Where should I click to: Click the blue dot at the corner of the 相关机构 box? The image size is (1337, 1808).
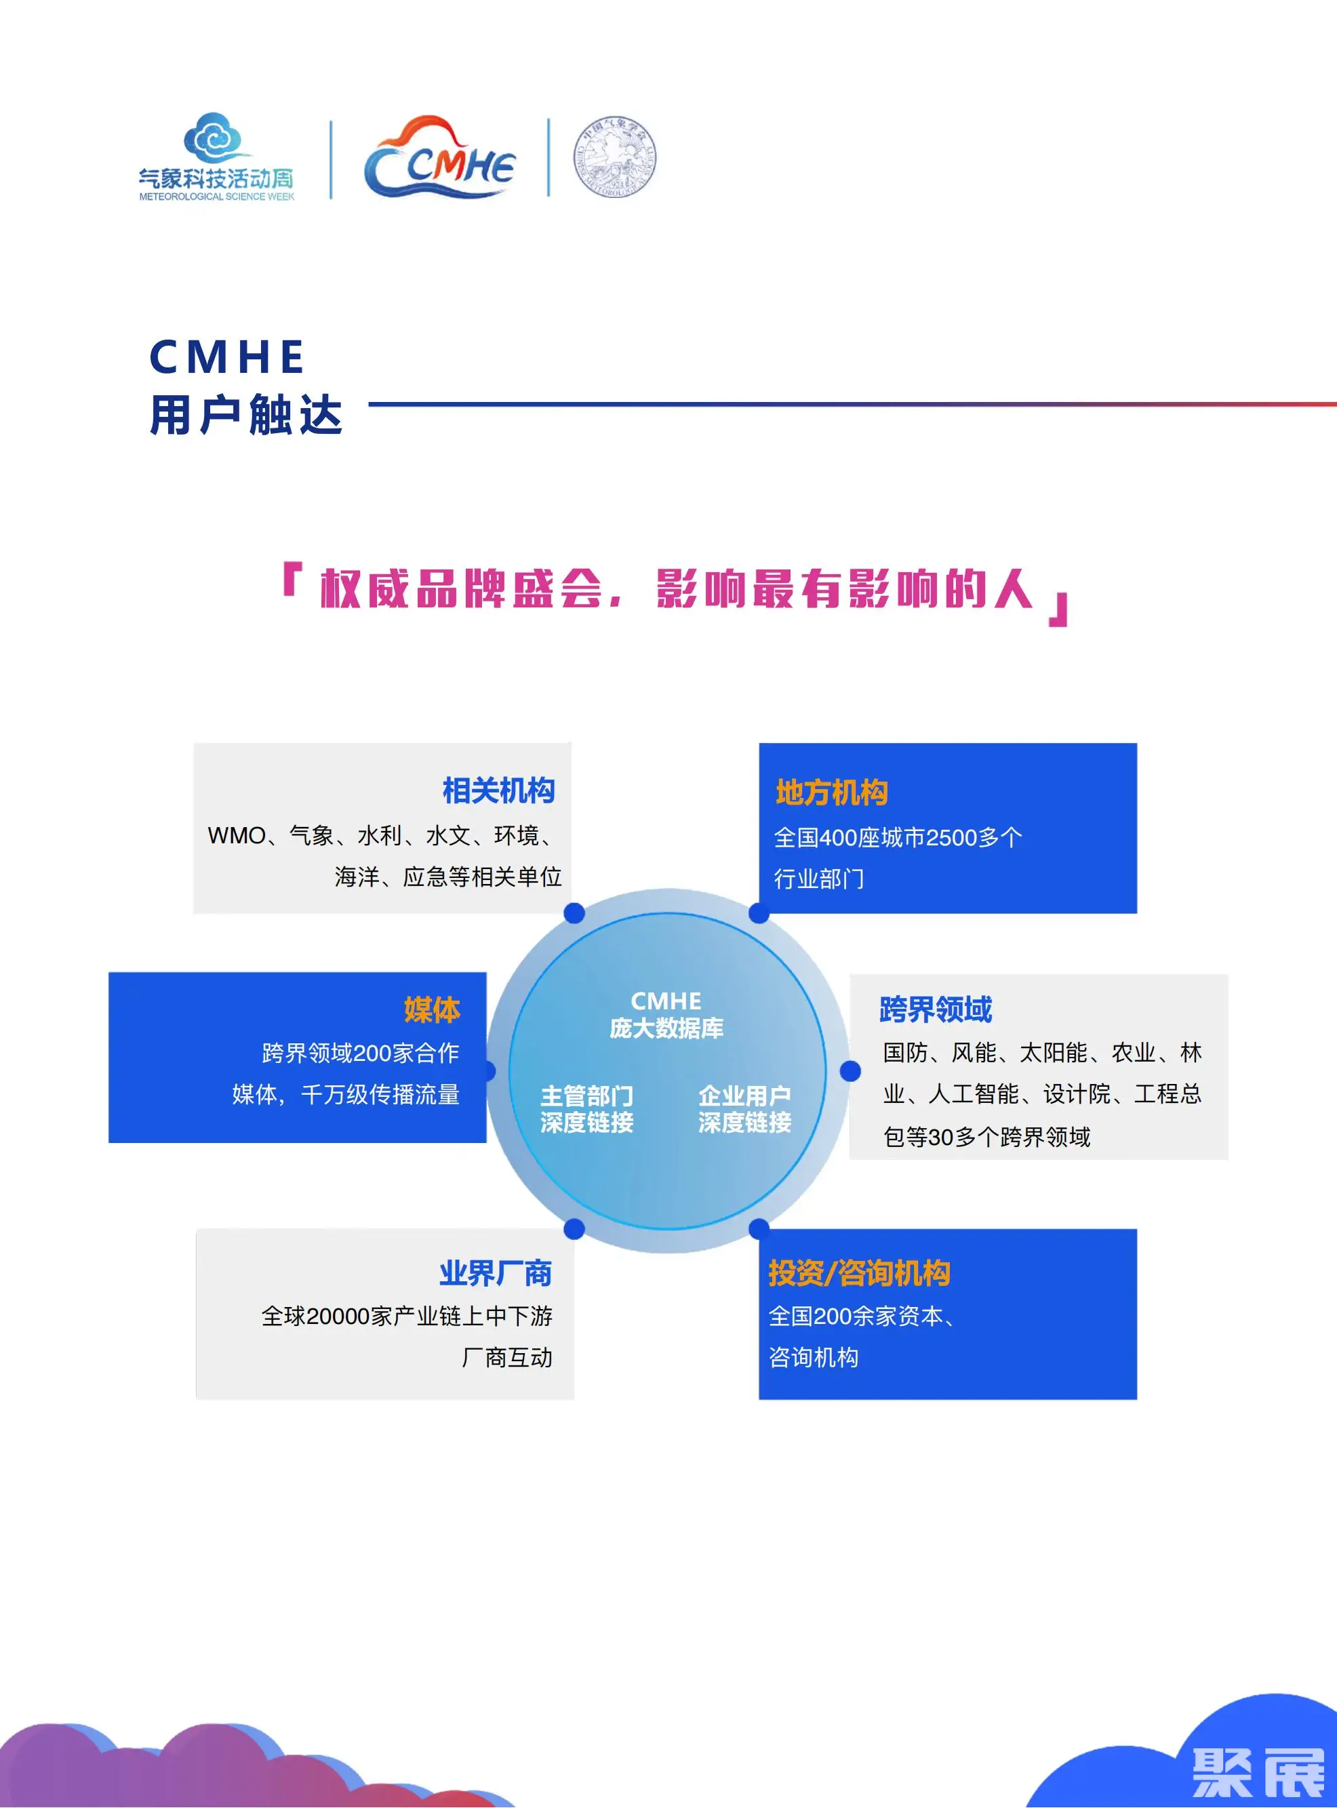coord(574,913)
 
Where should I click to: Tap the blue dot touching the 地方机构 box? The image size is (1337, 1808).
coord(759,913)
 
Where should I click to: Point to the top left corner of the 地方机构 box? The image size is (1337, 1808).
coord(759,744)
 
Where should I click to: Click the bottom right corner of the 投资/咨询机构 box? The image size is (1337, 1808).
coord(1137,1399)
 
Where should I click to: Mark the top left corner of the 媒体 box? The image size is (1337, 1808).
coord(109,973)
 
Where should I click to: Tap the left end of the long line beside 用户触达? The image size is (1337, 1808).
coord(369,404)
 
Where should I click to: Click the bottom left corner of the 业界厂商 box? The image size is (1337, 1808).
coord(197,1399)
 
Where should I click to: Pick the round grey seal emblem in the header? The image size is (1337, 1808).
coord(615,158)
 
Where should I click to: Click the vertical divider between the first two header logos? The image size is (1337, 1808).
coord(331,159)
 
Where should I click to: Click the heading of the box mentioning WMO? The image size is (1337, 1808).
coord(498,790)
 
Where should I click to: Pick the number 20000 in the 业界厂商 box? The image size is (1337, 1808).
coord(338,1317)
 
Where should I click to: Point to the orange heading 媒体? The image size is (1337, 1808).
coord(432,1010)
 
